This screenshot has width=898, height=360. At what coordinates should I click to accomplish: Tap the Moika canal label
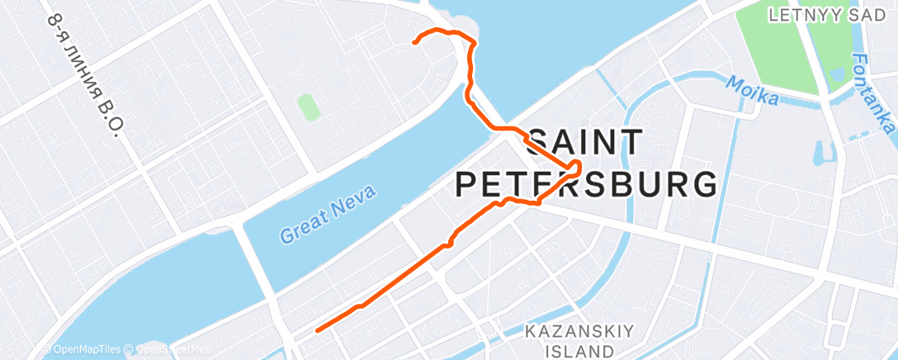click(x=752, y=91)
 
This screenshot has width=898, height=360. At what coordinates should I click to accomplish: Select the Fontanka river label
click(x=873, y=94)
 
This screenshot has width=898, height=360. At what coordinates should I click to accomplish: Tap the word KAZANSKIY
click(x=580, y=332)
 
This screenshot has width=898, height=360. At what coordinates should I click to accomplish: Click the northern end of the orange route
click(x=414, y=40)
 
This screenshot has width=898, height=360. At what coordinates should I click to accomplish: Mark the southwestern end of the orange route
click(x=318, y=330)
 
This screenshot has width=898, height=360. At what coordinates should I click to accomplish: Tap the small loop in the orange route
click(x=574, y=167)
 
